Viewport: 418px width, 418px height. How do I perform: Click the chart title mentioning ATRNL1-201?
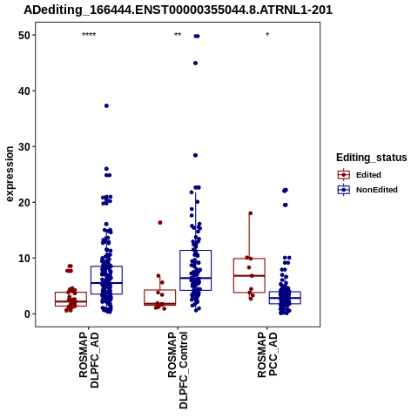(x=178, y=10)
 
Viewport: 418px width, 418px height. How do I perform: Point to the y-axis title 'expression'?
(x=10, y=174)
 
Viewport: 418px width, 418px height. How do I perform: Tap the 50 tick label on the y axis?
(x=24, y=35)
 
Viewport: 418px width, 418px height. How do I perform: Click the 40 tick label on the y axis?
(x=24, y=91)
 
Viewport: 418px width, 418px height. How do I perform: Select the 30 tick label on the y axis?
(x=24, y=146)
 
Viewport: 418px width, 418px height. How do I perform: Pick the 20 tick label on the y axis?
(x=24, y=202)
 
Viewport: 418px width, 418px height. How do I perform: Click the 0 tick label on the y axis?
(x=27, y=313)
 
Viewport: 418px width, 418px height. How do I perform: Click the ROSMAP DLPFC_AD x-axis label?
(x=89, y=360)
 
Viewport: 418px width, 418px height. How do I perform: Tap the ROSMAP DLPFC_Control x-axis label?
(x=178, y=370)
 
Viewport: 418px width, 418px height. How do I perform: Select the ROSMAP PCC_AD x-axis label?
(x=267, y=354)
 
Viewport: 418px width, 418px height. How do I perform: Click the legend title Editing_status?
(x=372, y=158)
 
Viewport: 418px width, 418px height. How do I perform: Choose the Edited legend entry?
(x=359, y=175)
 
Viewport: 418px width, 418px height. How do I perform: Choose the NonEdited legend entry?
(x=367, y=190)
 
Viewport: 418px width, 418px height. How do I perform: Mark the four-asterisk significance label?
(x=89, y=35)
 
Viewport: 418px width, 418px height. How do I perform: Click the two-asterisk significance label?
(x=178, y=35)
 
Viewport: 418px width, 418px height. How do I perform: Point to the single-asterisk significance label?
(x=267, y=35)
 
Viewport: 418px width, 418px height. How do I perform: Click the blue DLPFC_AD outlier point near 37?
(x=106, y=106)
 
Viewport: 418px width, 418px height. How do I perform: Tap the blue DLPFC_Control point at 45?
(x=195, y=64)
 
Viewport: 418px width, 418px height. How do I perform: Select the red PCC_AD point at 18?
(x=251, y=213)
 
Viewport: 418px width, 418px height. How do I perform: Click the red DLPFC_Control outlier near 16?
(x=160, y=223)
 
